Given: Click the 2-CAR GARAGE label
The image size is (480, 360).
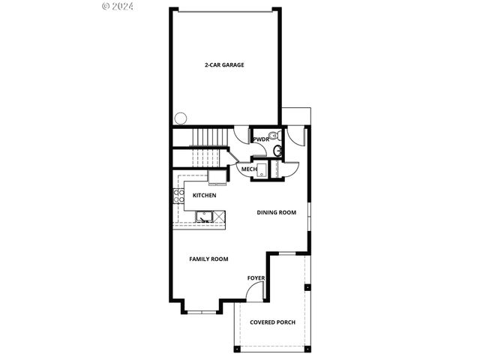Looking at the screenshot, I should pyautogui.click(x=224, y=64).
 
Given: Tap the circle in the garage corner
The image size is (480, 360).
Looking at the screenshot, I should pyautogui.click(x=181, y=118).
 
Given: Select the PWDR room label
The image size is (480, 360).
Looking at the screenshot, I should pyautogui.click(x=261, y=139).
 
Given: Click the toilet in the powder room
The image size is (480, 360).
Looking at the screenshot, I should pyautogui.click(x=274, y=136).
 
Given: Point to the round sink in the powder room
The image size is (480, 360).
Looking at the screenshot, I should pyautogui.click(x=278, y=151).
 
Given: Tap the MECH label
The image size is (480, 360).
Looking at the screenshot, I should pyautogui.click(x=249, y=169).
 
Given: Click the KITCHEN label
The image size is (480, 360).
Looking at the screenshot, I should pyautogui.click(x=204, y=196).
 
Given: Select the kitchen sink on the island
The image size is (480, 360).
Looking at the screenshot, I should pyautogui.click(x=202, y=217).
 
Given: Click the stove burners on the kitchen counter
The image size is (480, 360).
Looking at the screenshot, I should pyautogui.click(x=179, y=196).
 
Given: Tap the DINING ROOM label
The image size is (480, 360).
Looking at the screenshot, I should pyautogui.click(x=276, y=212).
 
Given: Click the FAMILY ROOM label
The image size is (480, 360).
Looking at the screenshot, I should pyautogui.click(x=208, y=259).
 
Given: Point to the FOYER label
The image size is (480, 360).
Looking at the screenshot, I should pyautogui.click(x=256, y=278).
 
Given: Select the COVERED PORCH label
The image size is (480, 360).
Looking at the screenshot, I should pyautogui.click(x=272, y=322).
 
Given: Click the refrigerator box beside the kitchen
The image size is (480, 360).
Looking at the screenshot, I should pyautogui.click(x=217, y=177).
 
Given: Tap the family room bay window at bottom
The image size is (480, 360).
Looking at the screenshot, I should pyautogui.click(x=201, y=310).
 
